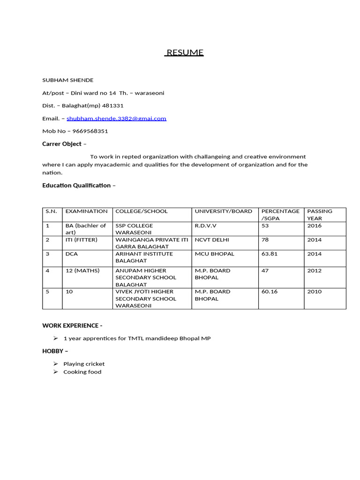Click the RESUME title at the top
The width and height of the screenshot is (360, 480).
[x=185, y=52]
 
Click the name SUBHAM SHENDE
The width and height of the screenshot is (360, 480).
[x=67, y=80]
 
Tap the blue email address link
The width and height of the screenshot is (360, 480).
[x=116, y=119]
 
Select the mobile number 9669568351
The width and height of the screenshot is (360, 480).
[x=90, y=131]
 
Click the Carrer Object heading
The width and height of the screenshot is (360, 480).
[x=62, y=144]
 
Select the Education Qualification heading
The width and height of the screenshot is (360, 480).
[x=76, y=186]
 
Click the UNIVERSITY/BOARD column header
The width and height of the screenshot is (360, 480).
[x=223, y=211]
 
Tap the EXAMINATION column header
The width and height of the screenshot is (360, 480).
[x=86, y=211]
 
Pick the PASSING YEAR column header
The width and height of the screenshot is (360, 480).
[x=320, y=215]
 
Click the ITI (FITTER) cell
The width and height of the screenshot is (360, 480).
[x=81, y=240]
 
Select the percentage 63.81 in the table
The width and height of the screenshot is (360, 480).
[x=269, y=254]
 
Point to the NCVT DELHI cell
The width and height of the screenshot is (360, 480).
[x=212, y=240]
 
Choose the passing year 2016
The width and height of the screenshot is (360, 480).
[x=314, y=225]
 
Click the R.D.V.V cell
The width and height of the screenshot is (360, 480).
[x=205, y=225]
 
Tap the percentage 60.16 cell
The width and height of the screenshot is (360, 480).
[x=269, y=292]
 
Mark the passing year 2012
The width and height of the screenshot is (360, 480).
[x=314, y=270]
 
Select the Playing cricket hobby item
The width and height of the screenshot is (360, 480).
[x=84, y=364]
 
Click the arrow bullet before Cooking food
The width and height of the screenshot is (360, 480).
[x=55, y=372]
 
